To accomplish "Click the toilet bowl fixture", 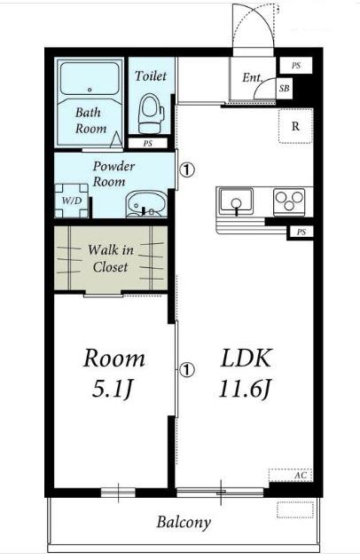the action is (x=152, y=114).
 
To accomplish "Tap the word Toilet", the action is (x=151, y=75).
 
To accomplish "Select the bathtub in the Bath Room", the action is (x=90, y=78).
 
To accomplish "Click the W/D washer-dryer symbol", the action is (x=72, y=201).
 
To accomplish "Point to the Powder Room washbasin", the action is (x=146, y=204).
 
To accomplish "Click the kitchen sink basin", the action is (x=236, y=200).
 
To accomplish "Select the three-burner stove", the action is (x=289, y=201).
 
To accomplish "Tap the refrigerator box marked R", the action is (x=295, y=126).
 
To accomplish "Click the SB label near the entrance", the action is (x=285, y=88).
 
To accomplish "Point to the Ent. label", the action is (x=252, y=77).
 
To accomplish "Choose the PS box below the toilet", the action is (x=148, y=143).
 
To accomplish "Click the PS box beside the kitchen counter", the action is (x=301, y=233).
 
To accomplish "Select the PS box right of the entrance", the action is (x=296, y=66).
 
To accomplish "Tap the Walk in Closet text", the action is (x=110, y=258).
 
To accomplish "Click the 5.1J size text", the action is (x=113, y=389).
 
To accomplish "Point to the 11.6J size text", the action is (x=246, y=389).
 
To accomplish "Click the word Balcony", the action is (x=184, y=523).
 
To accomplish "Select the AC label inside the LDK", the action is (x=301, y=476).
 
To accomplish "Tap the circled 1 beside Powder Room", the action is (x=187, y=170).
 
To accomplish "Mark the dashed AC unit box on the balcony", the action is (x=295, y=509).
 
